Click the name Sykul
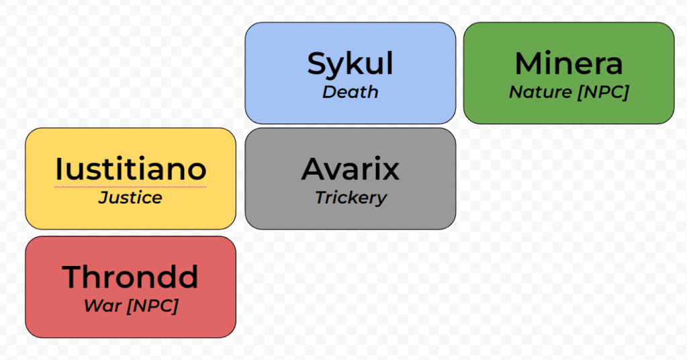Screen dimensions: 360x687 [x=350, y=64]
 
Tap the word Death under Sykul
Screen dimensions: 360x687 [x=350, y=92]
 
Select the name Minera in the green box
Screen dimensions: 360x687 [x=568, y=64]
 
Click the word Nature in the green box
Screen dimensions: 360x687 [x=540, y=92]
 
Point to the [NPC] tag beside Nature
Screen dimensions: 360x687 [x=602, y=92]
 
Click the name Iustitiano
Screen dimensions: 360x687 [x=130, y=169]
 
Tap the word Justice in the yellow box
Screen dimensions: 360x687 [x=130, y=197]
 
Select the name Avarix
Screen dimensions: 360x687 [x=350, y=169]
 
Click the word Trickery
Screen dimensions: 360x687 [x=351, y=197]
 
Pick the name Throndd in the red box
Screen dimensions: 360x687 [x=130, y=277]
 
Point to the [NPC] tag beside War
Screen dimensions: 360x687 [x=152, y=306]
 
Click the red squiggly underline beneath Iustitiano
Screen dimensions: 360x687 [x=130, y=186]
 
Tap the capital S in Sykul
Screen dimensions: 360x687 [x=318, y=64]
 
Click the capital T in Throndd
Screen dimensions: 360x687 [x=72, y=277]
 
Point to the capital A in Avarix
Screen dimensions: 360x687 [x=314, y=169]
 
